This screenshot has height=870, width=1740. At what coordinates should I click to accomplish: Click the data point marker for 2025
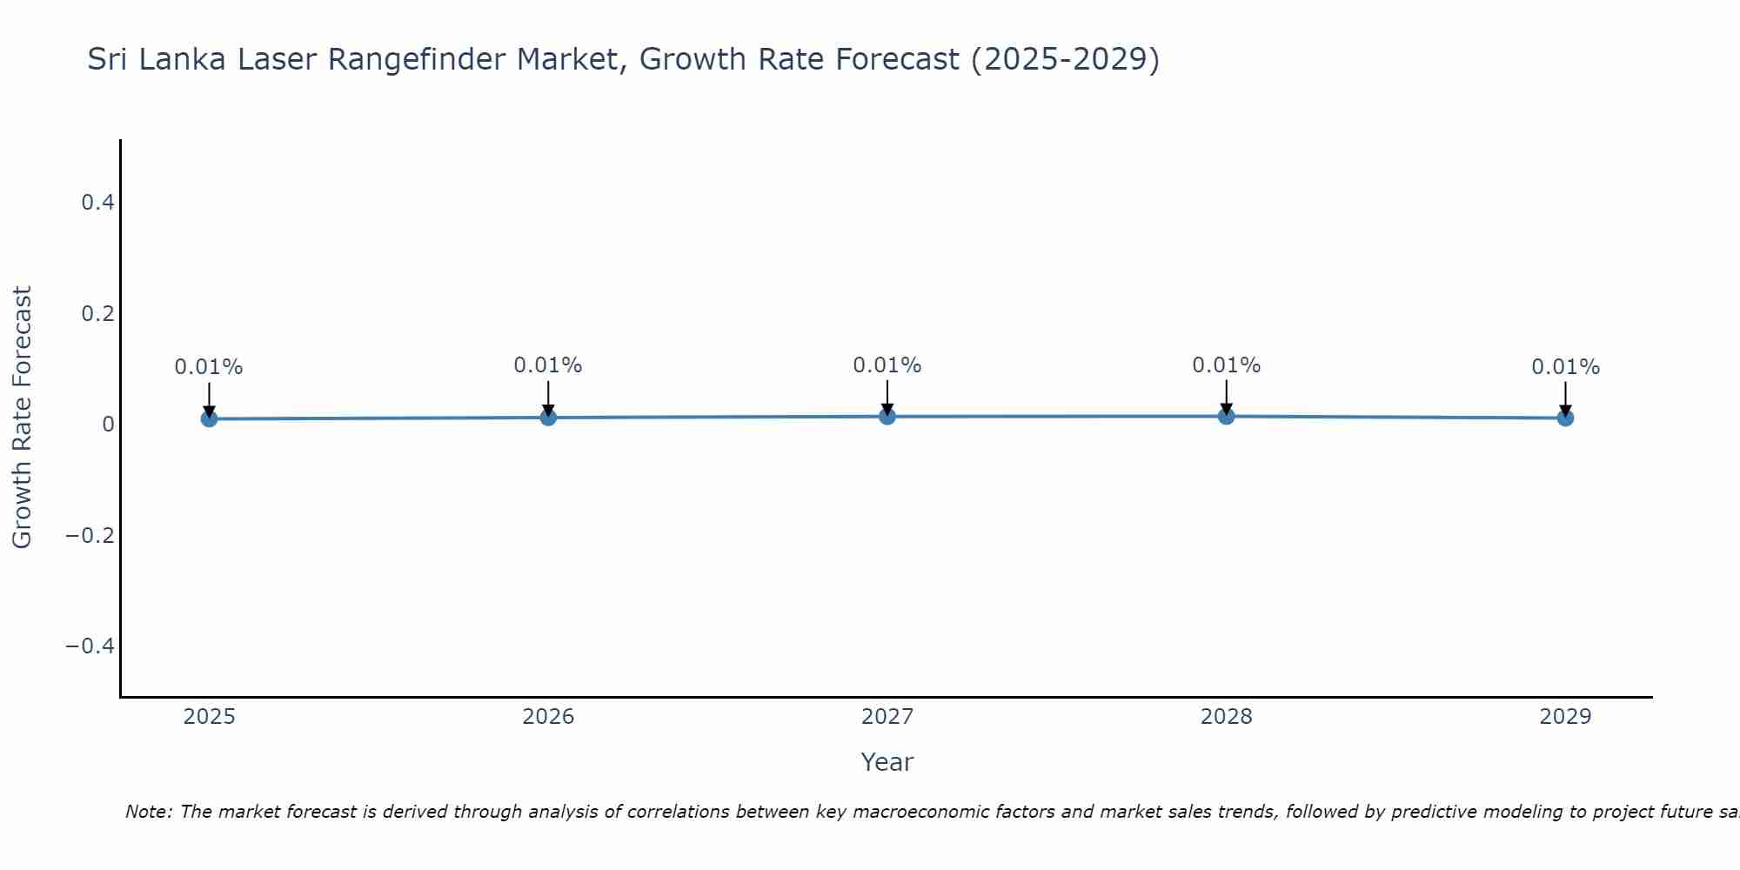pyautogui.click(x=209, y=418)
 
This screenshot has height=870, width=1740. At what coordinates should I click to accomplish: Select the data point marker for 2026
pyautogui.click(x=548, y=418)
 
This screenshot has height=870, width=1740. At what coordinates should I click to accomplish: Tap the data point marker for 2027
pyautogui.click(x=887, y=417)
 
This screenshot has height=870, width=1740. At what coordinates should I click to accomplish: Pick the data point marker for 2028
pyautogui.click(x=1226, y=417)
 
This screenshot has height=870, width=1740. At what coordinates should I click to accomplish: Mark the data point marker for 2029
pyautogui.click(x=1565, y=418)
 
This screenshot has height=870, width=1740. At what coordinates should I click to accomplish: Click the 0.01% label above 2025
pyautogui.click(x=209, y=367)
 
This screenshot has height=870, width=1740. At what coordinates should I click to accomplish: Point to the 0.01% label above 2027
pyautogui.click(x=887, y=365)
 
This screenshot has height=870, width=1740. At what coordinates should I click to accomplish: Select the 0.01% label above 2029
pyautogui.click(x=1565, y=367)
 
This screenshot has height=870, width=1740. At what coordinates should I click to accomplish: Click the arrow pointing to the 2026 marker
pyautogui.click(x=548, y=397)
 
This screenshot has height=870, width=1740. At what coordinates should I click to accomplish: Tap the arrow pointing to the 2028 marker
pyautogui.click(x=1226, y=396)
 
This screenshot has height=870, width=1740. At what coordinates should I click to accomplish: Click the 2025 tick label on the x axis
pyautogui.click(x=210, y=717)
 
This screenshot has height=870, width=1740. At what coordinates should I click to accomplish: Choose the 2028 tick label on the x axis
pyautogui.click(x=1226, y=717)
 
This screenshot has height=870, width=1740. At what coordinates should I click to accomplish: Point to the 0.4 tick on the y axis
pyautogui.click(x=97, y=203)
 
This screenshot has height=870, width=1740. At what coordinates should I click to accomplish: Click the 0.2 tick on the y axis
pyautogui.click(x=97, y=313)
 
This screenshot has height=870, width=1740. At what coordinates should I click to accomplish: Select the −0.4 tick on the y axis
pyautogui.click(x=90, y=646)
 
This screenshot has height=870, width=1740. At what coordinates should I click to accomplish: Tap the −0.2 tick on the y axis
pyautogui.click(x=90, y=535)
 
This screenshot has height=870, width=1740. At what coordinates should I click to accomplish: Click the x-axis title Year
pyautogui.click(x=887, y=762)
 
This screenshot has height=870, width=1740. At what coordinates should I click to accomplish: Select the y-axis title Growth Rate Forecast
pyautogui.click(x=22, y=418)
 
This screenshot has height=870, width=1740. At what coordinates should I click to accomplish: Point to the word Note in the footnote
pyautogui.click(x=148, y=812)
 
